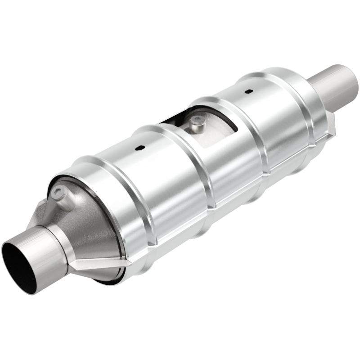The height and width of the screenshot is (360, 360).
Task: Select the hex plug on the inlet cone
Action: click(x=58, y=194)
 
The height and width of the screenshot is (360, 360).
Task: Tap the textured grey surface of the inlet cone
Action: click(x=90, y=225)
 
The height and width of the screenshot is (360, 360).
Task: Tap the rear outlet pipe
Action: click(x=335, y=85)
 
